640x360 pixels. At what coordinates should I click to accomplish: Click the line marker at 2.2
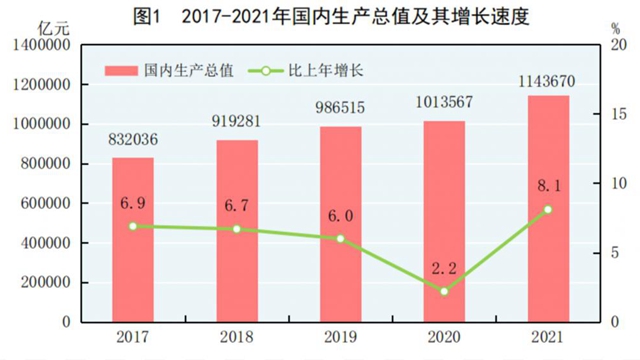pos(444,291)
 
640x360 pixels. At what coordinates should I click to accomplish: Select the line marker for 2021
pos(548,209)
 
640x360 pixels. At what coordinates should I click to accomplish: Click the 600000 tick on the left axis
pos(46,204)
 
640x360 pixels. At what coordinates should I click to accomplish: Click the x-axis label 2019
pos(340,338)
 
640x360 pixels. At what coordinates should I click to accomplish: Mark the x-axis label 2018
pos(237,338)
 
